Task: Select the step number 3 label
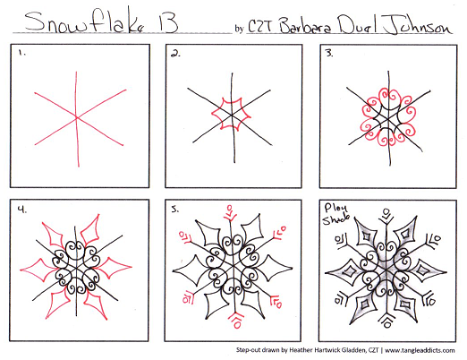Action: pyautogui.click(x=328, y=55)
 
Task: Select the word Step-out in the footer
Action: pyautogui.click(x=252, y=351)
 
